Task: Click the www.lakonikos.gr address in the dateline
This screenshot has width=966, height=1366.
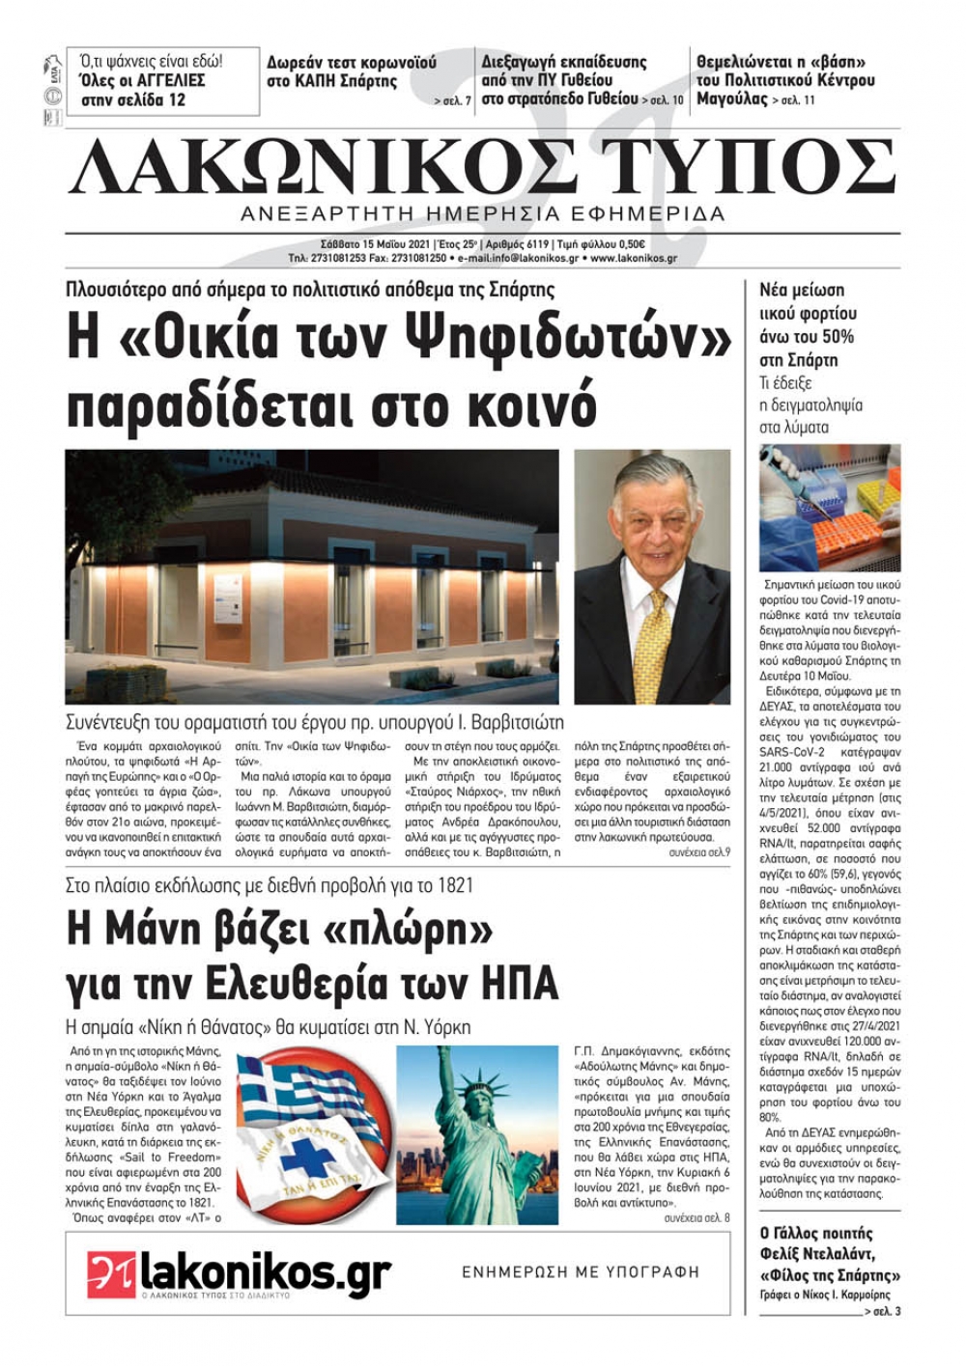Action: point(634,259)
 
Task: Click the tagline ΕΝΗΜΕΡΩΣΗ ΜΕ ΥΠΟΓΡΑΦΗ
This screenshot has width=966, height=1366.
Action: point(581,1272)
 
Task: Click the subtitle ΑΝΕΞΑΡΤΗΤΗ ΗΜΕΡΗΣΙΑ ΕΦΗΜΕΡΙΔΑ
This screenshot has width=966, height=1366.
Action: point(483,213)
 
